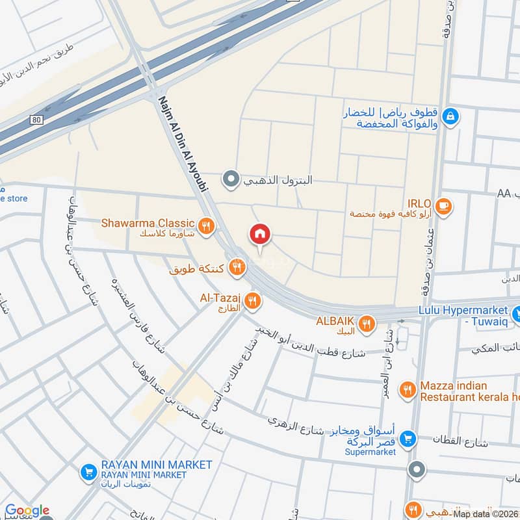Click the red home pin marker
[260, 235]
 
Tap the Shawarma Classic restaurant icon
[207, 226]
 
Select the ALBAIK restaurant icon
[367, 323]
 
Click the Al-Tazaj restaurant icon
[253, 300]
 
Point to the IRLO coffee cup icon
[444, 206]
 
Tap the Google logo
[27, 511]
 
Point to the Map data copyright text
[486, 513]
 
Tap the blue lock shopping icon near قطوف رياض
[450, 117]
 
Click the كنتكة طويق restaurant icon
[239, 266]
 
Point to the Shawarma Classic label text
[148, 223]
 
